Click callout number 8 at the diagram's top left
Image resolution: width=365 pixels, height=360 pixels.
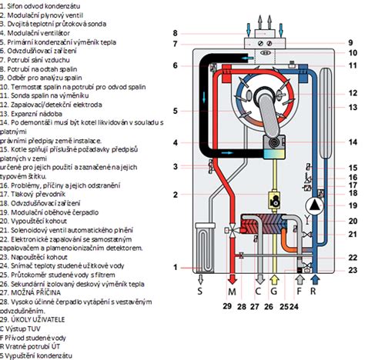(x=175, y=33)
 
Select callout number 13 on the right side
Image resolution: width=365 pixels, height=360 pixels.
(x=352, y=115)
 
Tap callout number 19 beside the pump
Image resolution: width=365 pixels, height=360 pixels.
(x=352, y=206)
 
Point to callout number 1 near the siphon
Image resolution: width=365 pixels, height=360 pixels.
(x=175, y=267)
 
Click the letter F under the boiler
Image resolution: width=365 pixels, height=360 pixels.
(x=298, y=293)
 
